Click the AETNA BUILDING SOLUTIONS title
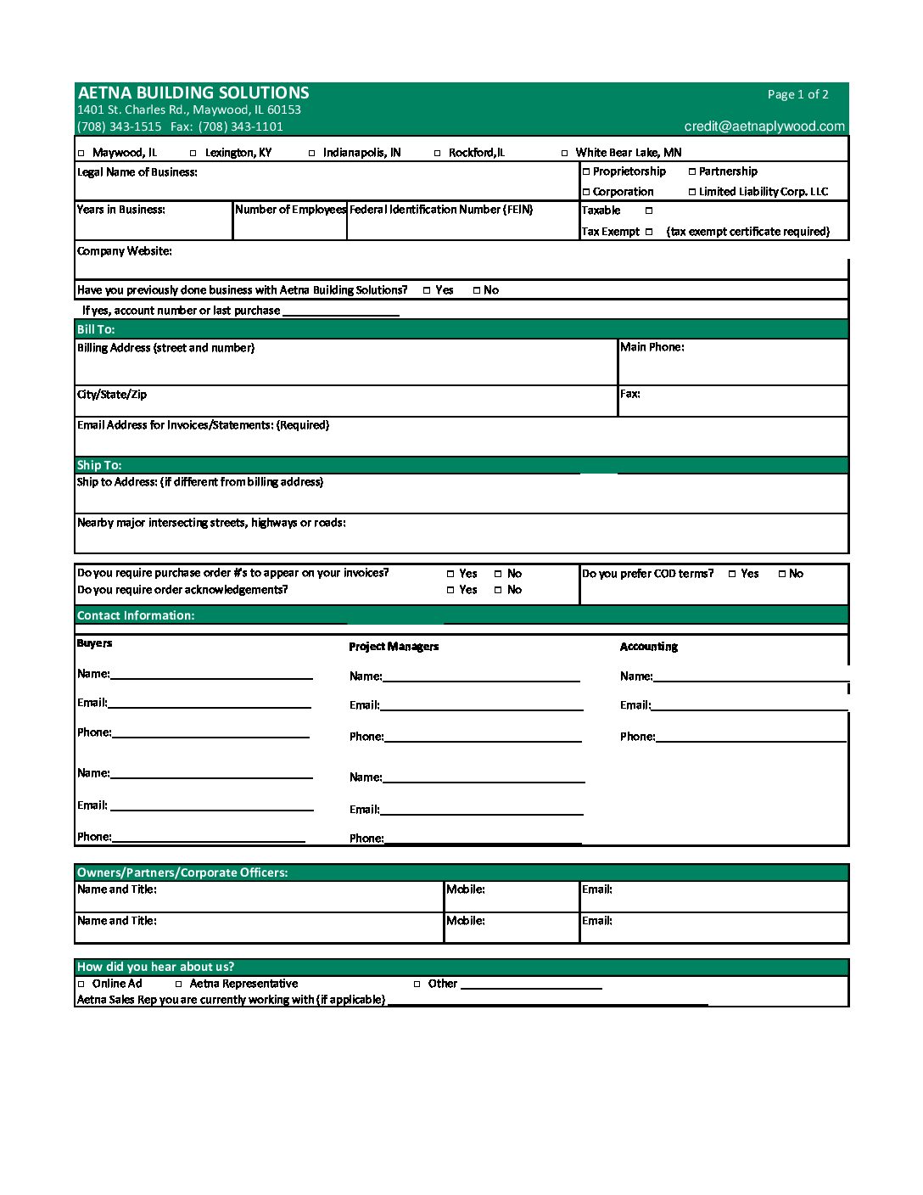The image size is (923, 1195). [193, 93]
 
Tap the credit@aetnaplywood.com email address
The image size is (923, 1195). [764, 126]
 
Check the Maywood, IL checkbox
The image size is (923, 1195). [81, 154]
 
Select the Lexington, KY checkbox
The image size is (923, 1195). [193, 154]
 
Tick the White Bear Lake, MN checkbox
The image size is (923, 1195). [565, 154]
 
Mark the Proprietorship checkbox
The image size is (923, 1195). [586, 171]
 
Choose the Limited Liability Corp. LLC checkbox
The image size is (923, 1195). [692, 192]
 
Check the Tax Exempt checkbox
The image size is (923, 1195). [649, 232]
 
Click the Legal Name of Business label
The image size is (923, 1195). [137, 172]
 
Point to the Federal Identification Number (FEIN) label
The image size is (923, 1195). [441, 210]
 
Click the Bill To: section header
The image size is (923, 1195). [96, 329]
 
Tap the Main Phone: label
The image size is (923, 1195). [652, 347]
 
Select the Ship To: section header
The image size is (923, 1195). [99, 465]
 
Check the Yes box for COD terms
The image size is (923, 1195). [732, 574]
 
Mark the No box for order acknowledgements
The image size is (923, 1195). [498, 590]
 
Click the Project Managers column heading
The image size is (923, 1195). [394, 647]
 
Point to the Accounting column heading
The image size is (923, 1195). [649, 647]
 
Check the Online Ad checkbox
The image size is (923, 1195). [81, 985]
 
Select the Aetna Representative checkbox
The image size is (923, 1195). [179, 985]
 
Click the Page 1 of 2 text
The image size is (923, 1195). [797, 95]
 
